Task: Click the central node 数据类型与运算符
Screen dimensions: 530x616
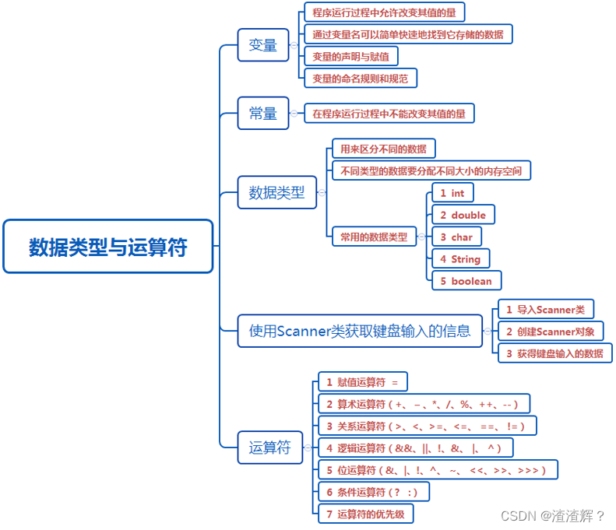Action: [107, 247]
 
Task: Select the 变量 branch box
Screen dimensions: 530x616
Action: [263, 45]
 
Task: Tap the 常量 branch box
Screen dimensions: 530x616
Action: [263, 113]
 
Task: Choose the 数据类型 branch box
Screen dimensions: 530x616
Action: [276, 191]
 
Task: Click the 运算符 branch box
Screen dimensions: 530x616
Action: [269, 448]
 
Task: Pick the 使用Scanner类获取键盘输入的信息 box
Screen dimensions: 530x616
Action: [360, 331]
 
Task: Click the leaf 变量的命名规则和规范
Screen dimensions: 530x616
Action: [360, 78]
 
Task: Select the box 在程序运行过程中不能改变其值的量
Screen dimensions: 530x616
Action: [389, 114]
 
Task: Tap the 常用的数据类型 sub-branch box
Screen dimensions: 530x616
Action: [374, 237]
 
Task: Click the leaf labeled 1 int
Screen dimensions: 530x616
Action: [452, 193]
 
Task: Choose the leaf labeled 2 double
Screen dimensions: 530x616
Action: [463, 215]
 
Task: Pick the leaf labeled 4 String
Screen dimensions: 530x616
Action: [460, 258]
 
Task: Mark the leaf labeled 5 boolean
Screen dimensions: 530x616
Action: [466, 280]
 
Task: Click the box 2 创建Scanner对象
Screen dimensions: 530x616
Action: [551, 332]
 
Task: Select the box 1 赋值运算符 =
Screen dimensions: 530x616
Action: [362, 382]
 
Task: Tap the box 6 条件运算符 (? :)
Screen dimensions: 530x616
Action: [373, 492]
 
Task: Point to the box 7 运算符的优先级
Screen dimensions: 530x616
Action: [365, 514]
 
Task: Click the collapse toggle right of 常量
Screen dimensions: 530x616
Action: [294, 114]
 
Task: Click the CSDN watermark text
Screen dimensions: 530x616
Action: [552, 516]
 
